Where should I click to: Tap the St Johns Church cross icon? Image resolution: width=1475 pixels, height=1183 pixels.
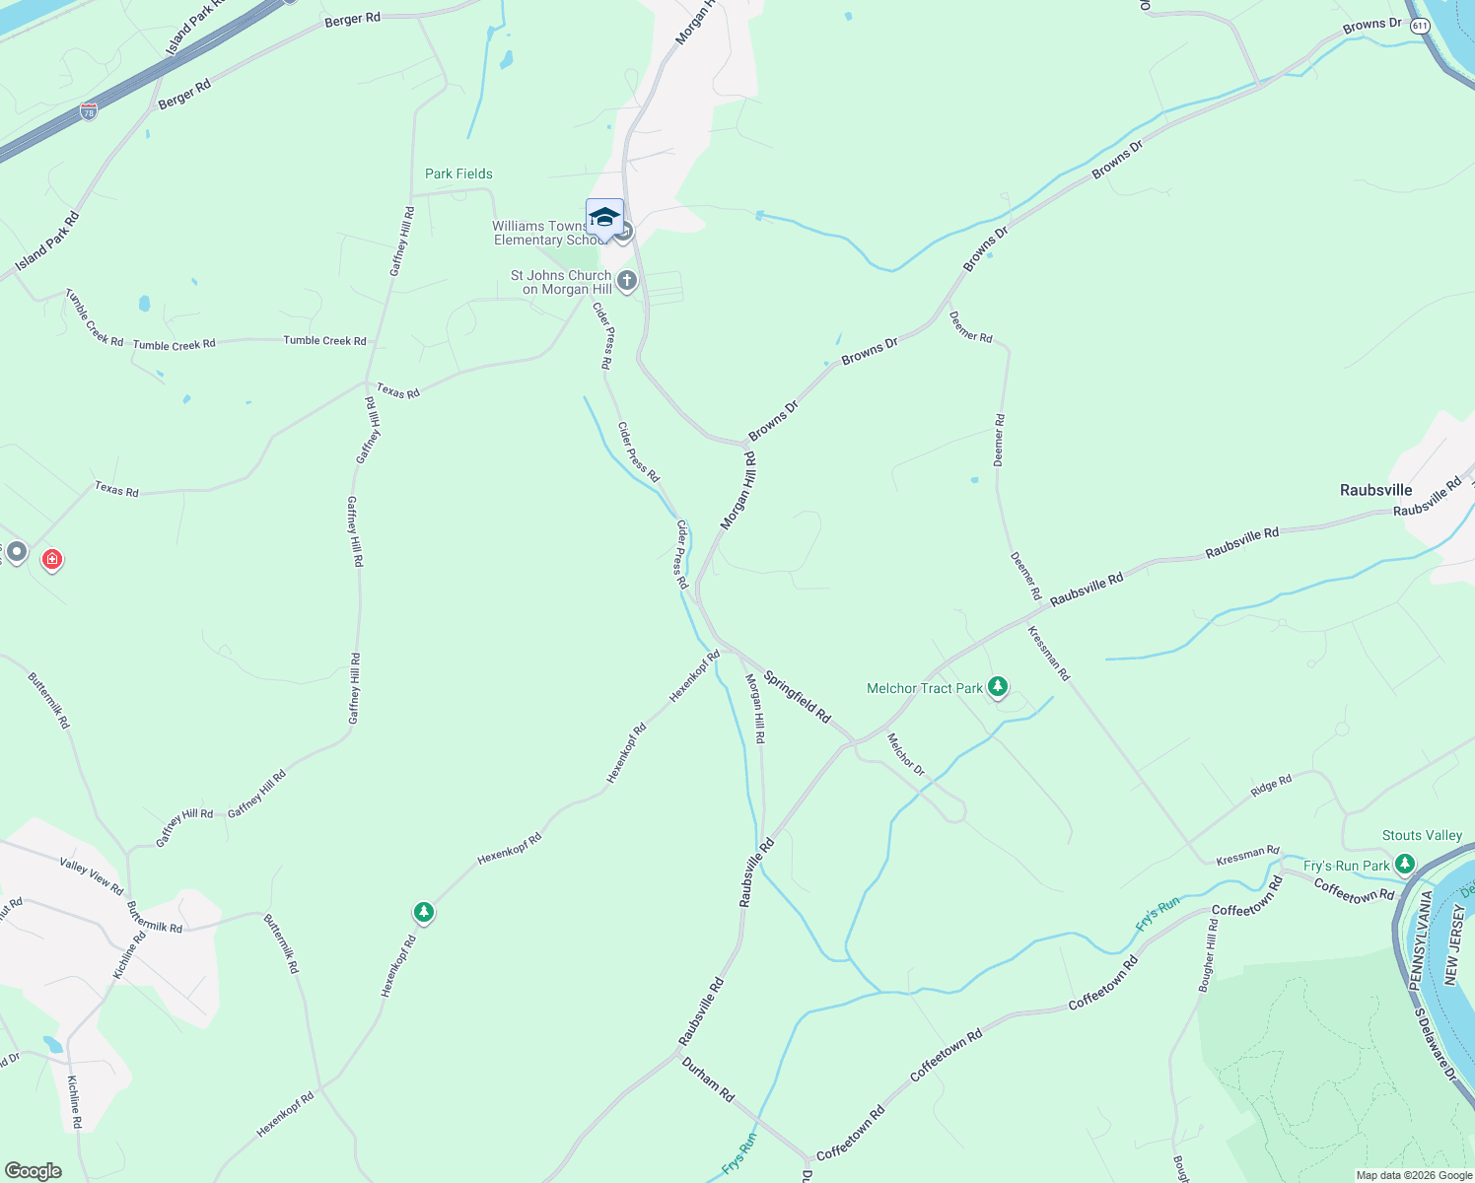pos(627,282)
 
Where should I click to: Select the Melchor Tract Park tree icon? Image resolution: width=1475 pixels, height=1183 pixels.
pos(998,686)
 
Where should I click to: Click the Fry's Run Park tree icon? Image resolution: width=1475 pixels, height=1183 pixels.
pos(1404,866)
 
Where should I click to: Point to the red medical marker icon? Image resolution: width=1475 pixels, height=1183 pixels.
pos(52,560)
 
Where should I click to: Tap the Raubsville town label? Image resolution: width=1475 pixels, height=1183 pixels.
pos(1375,490)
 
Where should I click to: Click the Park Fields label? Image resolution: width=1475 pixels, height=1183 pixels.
pos(458,174)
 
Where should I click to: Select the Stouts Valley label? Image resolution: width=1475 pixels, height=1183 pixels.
pos(1422,835)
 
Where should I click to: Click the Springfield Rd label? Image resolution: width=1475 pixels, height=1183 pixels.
pos(798,698)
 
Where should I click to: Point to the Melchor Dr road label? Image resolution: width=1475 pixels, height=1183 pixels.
pos(905,754)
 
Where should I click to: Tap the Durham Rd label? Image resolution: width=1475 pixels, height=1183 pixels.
pos(708,1080)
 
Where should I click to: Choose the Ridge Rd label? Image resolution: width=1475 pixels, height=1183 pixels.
pos(1271,786)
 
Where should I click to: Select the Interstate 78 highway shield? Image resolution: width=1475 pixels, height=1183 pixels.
pos(89,112)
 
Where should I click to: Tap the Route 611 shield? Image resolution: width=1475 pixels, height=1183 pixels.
pos(1420,26)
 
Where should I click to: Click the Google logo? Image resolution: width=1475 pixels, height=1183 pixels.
pos(34,1171)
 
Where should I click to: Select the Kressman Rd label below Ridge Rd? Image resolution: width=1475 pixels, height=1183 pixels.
pos(1247,856)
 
